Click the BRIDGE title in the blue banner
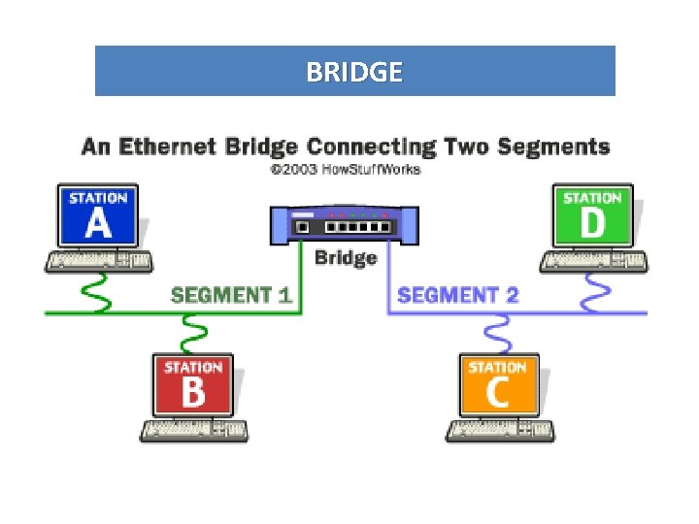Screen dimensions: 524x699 pos(353,72)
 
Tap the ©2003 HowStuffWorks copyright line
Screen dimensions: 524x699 pos(345,170)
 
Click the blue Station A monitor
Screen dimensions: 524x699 pos(98,215)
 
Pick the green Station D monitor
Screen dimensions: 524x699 pos(592,215)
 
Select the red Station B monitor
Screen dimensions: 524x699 pos(192,385)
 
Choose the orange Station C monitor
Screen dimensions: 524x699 pos(498,385)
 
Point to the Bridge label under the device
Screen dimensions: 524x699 pos(345,257)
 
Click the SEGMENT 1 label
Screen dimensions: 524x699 pos(231,295)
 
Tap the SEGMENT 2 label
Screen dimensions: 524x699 pos(457,295)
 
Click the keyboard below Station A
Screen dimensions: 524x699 pos(98,262)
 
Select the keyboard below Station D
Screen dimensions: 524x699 pos(592,262)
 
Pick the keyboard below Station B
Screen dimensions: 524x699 pos(192,431)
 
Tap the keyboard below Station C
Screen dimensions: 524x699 pos(499,431)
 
